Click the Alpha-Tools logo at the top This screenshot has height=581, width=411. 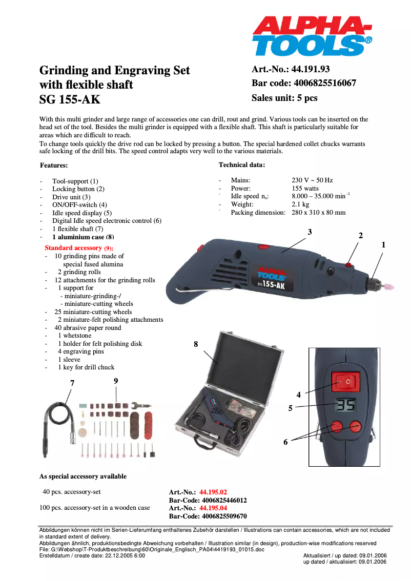[311, 36]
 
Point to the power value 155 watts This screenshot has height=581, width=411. [305, 188]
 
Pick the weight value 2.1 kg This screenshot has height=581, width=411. [300, 204]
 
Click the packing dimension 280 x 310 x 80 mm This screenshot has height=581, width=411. [318, 213]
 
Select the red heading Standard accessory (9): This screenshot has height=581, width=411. [79, 248]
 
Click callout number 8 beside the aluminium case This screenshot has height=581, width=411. [196, 344]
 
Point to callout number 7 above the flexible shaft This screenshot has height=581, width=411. [72, 383]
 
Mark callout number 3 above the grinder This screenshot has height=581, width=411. [310, 232]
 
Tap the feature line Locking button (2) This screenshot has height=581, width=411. [78, 189]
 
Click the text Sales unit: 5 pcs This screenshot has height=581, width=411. [284, 98]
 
